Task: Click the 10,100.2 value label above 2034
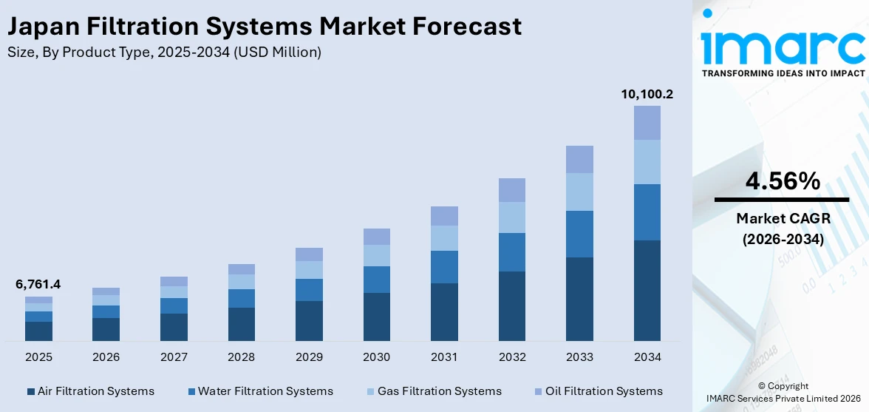click(647, 95)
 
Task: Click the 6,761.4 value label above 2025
click(38, 284)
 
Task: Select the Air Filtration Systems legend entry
click(90, 391)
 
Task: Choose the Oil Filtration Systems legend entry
click(597, 391)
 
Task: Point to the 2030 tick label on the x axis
click(376, 357)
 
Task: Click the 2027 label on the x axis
click(174, 357)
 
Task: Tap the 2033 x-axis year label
click(579, 357)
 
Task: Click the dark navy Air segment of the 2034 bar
click(647, 290)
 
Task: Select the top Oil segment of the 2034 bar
click(647, 123)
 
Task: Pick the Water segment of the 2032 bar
click(511, 252)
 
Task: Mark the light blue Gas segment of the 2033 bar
click(579, 192)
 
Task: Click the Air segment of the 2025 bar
click(38, 331)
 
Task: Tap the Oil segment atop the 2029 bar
click(309, 254)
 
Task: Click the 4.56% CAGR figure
click(782, 180)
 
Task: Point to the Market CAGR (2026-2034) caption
click(782, 229)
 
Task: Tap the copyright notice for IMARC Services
click(783, 392)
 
